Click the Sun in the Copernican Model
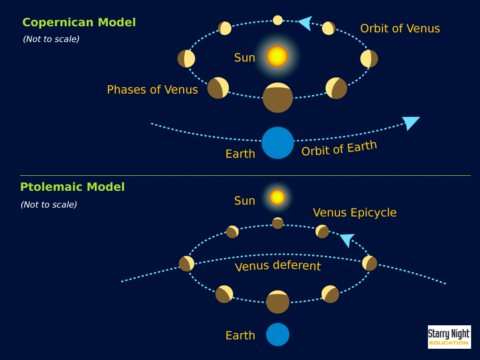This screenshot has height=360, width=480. click(277, 56)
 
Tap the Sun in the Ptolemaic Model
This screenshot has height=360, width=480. click(277, 197)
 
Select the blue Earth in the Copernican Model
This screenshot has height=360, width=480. click(277, 142)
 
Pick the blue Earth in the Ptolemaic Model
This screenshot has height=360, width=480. click(277, 335)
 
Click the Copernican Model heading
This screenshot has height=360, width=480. click(79, 22)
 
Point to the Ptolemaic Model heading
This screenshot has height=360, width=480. click(72, 187)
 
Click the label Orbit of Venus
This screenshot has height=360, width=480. click(400, 29)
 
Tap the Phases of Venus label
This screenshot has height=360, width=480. click(152, 90)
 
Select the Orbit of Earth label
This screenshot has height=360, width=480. click(339, 148)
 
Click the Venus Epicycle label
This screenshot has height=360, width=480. click(354, 212)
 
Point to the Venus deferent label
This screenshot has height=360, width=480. click(277, 266)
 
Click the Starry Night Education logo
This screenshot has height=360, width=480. click(449, 337)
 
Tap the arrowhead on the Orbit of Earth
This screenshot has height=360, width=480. click(411, 122)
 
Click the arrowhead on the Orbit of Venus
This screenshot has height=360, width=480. click(305, 23)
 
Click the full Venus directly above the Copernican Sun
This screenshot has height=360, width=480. click(277, 20)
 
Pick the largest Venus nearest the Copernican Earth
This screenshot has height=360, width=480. click(277, 97)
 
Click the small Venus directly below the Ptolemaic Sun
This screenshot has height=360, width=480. click(277, 223)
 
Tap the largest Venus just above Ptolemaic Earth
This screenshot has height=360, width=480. click(277, 302)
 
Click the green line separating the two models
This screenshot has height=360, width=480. click(245, 176)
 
